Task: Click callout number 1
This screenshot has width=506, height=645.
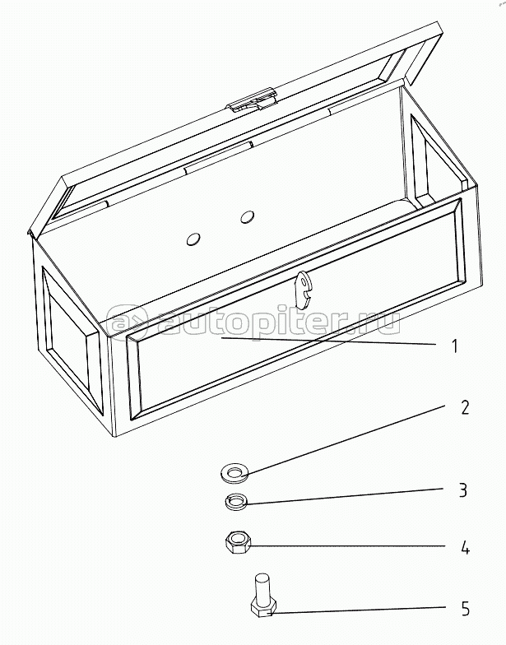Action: (454, 346)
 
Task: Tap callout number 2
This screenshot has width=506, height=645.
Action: (464, 407)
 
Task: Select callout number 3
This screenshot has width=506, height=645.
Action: (463, 490)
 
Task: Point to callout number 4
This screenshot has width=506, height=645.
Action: (465, 549)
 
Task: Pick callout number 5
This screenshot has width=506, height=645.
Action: (465, 609)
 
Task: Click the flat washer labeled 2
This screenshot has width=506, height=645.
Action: (234, 474)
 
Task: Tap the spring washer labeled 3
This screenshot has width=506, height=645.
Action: (236, 502)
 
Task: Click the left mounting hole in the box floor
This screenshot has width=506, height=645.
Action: (193, 239)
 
